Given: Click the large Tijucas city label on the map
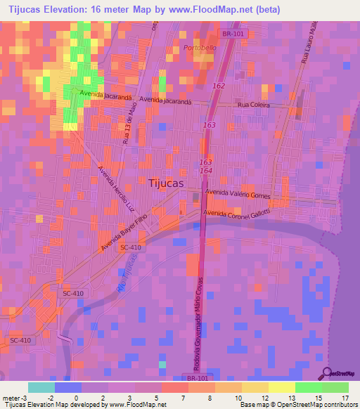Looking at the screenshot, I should pos(167,183).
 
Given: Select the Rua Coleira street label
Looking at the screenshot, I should pos(255,105).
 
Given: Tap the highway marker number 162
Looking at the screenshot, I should pos(218,86).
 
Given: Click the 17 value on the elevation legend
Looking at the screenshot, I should pos(345,398).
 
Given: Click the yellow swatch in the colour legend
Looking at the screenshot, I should pos(281,387).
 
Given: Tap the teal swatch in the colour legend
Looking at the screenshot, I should pos(41,387).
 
